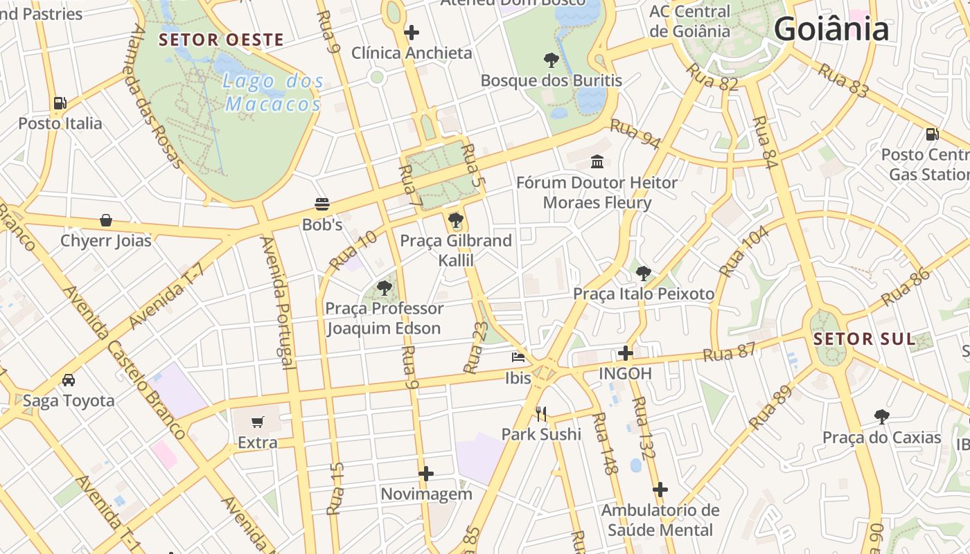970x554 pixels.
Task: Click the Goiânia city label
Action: pyautogui.click(x=831, y=30)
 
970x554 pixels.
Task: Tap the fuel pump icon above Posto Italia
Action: pyautogui.click(x=60, y=103)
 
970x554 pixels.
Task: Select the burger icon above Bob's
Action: pyautogui.click(x=322, y=204)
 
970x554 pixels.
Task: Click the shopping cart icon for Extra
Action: pyautogui.click(x=258, y=422)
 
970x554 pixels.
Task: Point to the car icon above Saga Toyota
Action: pyautogui.click(x=69, y=379)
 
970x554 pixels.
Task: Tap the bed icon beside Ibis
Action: pyautogui.click(x=518, y=357)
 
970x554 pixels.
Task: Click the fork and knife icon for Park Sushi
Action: pyautogui.click(x=541, y=414)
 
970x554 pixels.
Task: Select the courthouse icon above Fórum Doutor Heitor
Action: pyautogui.click(x=597, y=161)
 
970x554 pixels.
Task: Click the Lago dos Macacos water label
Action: pyautogui.click(x=274, y=93)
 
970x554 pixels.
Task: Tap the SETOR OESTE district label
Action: pyautogui.click(x=221, y=39)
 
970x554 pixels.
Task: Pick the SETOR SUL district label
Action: pyautogui.click(x=864, y=339)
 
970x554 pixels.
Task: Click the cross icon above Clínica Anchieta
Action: pyautogui.click(x=412, y=32)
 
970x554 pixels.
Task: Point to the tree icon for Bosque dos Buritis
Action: pyautogui.click(x=552, y=60)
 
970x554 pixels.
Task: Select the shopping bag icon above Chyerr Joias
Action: pyautogui.click(x=106, y=220)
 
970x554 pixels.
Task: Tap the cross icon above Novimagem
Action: pyautogui.click(x=426, y=474)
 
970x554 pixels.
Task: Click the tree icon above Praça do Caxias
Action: pyautogui.click(x=881, y=416)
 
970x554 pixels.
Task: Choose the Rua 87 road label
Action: pyautogui.click(x=729, y=352)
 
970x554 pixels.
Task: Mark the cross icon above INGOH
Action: pyautogui.click(x=626, y=353)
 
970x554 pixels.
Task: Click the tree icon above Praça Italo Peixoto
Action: pyautogui.click(x=644, y=273)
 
